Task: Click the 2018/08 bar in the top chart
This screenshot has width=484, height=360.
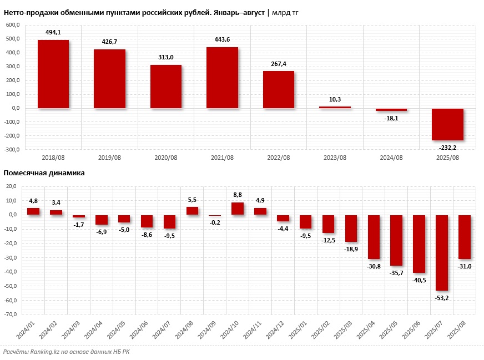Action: (53, 74)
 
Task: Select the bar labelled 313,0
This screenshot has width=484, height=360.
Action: (166, 87)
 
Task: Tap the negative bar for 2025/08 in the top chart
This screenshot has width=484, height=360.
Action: (447, 124)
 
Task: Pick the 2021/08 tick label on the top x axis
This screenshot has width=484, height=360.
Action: (222, 158)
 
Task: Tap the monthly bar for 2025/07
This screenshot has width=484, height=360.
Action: (441, 253)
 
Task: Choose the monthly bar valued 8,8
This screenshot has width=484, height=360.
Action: (238, 209)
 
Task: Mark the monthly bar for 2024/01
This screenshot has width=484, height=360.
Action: (33, 211)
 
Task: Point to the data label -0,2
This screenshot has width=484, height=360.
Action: (215, 222)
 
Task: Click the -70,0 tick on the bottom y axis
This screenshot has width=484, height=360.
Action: (11, 315)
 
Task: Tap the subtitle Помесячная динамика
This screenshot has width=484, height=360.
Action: (44, 173)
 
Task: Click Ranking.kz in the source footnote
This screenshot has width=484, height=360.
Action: (49, 352)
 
